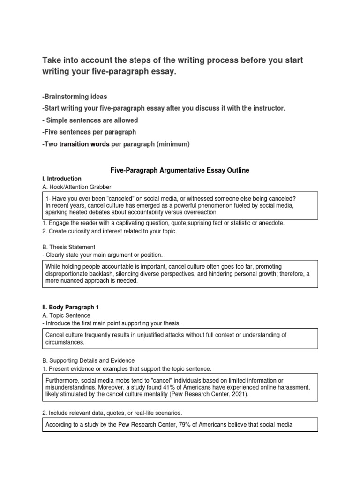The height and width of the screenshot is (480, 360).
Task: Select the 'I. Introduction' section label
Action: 62,179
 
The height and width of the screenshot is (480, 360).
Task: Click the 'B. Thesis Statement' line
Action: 69,247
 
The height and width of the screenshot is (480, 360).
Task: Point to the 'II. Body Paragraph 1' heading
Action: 71,307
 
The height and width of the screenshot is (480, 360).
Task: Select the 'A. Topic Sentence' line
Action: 67,315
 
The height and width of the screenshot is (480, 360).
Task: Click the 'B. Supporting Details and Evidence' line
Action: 89,360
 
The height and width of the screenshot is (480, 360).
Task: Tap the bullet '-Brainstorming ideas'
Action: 75,97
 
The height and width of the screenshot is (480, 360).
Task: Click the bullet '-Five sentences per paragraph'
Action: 89,132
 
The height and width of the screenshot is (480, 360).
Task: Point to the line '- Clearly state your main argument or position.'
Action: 103,255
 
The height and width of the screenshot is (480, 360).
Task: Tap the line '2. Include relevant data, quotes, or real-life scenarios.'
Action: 113,412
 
